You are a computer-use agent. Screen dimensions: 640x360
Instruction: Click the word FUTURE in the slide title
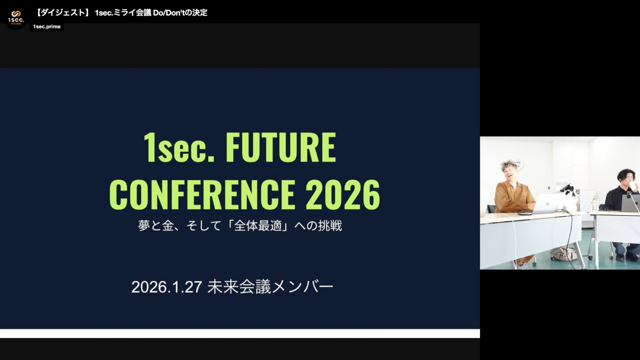coord(281,147)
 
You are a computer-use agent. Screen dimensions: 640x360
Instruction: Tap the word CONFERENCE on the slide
coord(202,194)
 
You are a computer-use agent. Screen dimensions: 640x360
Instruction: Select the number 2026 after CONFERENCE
coord(343,194)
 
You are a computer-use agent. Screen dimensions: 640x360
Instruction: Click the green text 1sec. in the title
coord(179,148)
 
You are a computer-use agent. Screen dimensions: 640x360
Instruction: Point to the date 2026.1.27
coord(167,287)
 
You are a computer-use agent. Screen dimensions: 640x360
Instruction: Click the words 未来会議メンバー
coord(270,287)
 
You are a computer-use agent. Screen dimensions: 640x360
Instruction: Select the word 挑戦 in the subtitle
coord(330,225)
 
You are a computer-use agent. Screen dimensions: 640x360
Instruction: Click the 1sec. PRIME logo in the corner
coord(16,17)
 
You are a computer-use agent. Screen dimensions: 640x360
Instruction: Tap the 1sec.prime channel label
coord(47,26)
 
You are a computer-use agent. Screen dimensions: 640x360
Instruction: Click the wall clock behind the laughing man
coord(518,164)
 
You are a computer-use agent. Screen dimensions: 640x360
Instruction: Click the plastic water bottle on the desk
coord(595,203)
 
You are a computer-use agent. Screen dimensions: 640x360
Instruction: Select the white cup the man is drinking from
coord(633,185)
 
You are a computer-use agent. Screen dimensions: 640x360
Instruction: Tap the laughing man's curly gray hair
coord(509,165)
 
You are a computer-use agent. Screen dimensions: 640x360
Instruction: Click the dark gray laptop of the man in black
coord(630,203)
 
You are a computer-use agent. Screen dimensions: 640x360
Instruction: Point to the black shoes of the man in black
coord(627,257)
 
